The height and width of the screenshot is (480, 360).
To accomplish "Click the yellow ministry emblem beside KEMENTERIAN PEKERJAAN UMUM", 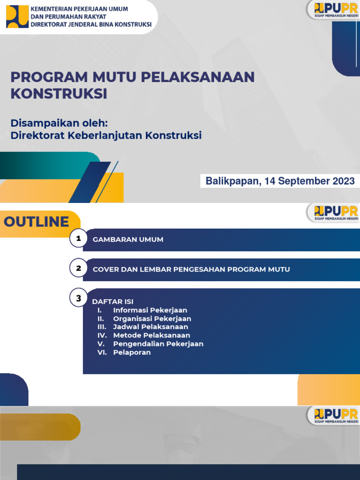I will pos(17,16).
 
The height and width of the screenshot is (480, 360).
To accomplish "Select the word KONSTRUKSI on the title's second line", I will pos(59,93).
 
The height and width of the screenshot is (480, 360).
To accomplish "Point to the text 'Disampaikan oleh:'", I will pos(60,123).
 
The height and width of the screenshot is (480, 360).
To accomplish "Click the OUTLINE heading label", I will pos(37,222).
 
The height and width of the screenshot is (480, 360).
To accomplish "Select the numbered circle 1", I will pos(79,239).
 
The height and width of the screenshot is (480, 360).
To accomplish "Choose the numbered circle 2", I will pos(79,269).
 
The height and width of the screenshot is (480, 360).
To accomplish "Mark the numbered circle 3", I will pos(79,298).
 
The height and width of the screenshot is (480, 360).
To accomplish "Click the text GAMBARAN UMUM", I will pos(128,240).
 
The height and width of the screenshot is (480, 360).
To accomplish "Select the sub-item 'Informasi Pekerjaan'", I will pos(150,310).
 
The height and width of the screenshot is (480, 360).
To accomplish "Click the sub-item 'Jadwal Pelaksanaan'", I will pos(150,327).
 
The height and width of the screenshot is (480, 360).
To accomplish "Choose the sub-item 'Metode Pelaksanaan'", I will pos(151,335).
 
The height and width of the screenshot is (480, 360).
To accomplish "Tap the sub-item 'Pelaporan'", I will pos(132,352).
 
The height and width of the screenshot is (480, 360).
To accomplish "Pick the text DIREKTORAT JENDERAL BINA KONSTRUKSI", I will pos(91,24).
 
